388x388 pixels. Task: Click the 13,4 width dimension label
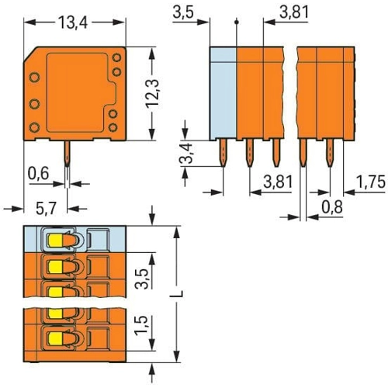73,23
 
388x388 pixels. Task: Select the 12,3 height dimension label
152,93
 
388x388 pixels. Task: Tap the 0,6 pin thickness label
38,174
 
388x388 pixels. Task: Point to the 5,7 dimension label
46,209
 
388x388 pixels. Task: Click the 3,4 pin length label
186,153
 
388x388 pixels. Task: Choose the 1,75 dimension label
371,182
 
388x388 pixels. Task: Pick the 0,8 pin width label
332,207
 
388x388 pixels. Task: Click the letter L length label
178,294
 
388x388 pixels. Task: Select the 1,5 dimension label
141,326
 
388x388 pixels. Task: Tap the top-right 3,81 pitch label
294,12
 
